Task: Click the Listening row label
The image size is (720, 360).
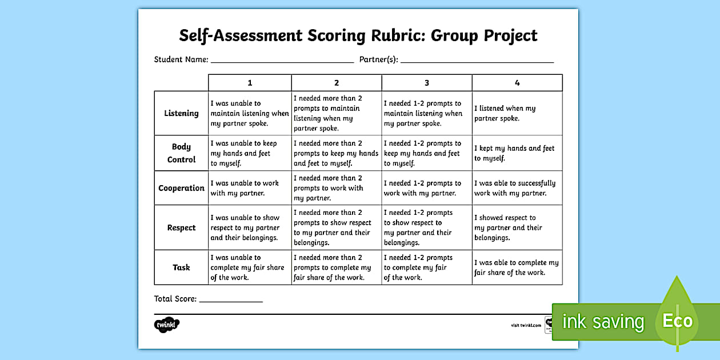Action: pos(181,113)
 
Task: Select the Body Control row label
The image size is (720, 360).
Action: pos(181,153)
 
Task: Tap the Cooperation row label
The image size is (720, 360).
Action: pos(181,188)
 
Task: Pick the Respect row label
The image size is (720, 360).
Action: pos(181,227)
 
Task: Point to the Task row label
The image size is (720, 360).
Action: pos(181,267)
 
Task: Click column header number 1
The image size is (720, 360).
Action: pos(250,83)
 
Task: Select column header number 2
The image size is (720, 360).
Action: pos(337,83)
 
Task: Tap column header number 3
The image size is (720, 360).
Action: pos(427,83)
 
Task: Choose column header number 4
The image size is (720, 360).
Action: pos(517,83)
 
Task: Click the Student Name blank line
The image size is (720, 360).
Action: pos(282,61)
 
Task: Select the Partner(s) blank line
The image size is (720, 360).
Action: pos(477,61)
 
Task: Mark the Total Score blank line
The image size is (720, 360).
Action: pos(231,300)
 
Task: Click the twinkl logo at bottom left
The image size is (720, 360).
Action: pos(167,325)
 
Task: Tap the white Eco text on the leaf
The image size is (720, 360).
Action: pos(677,321)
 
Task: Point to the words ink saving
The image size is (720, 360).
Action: pos(603,322)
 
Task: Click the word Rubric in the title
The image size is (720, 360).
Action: pos(394,35)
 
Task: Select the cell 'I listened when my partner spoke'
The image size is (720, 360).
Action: pos(517,113)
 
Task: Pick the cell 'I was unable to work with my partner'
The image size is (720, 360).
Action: pos(250,188)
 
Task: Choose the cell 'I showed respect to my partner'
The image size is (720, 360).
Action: pos(517,227)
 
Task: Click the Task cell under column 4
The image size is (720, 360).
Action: pos(517,267)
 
